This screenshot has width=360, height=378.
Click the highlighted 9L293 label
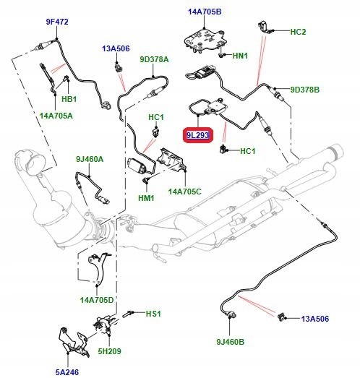tap(197, 135)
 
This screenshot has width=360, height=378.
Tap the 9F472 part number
tap(57, 22)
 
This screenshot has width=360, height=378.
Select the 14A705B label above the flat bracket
tap(205, 12)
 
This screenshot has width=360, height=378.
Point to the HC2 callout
tap(298, 32)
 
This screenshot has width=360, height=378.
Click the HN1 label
tap(240, 56)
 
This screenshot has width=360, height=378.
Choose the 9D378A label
tap(154, 59)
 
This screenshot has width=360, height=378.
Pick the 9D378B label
tap(305, 90)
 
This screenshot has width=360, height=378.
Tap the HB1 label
tap(69, 99)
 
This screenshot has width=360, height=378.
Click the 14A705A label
tap(56, 116)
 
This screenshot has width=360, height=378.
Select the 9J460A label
tap(90, 159)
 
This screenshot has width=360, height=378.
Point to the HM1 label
tap(146, 198)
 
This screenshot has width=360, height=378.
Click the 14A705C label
tap(185, 192)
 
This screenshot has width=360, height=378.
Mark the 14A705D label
tap(97, 300)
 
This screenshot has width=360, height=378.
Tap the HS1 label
tap(153, 314)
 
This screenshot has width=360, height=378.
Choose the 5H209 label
tap(109, 351)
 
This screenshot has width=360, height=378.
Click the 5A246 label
tap(67, 372)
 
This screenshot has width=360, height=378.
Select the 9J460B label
tap(231, 342)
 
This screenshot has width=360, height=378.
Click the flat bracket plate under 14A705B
tap(205, 40)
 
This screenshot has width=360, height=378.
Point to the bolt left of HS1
tap(127, 314)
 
